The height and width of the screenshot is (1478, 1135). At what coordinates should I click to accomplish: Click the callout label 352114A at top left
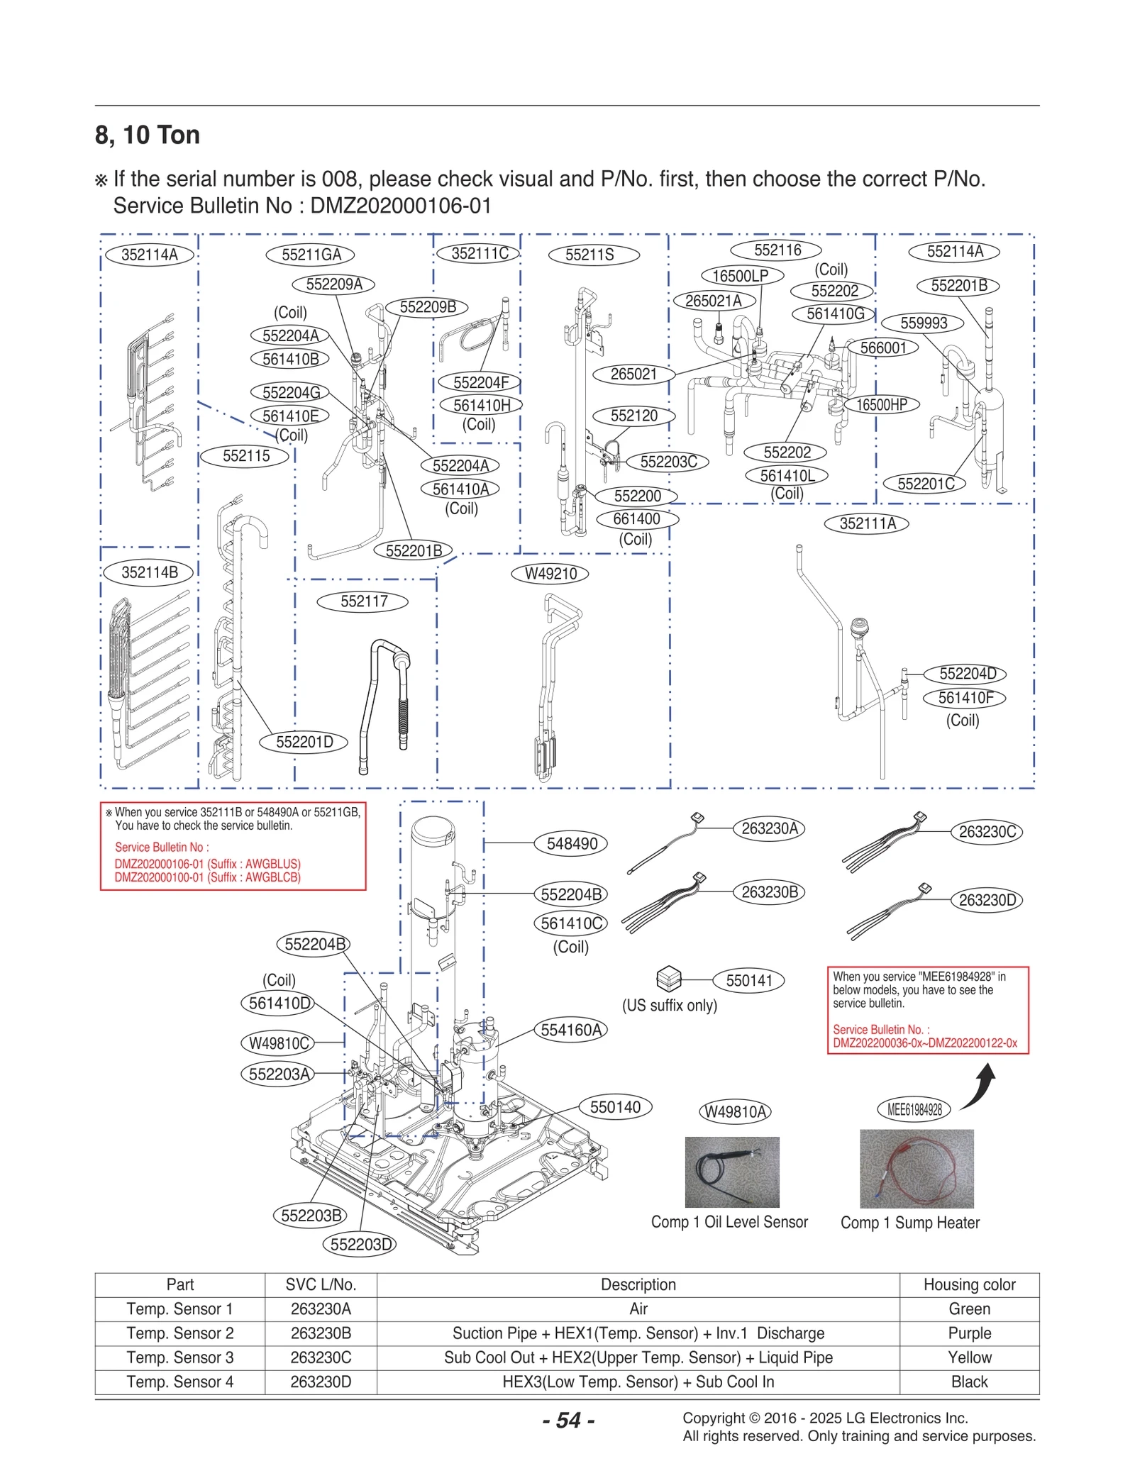[149, 255]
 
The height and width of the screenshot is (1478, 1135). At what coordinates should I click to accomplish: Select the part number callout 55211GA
[311, 255]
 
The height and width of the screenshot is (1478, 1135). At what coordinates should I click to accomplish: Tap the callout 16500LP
[741, 276]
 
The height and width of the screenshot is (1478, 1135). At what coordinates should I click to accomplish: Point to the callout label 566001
[882, 348]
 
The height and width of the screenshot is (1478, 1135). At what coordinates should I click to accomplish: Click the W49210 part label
[550, 574]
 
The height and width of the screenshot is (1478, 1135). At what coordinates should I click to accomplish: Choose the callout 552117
[363, 601]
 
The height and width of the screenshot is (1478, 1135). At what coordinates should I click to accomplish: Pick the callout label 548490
[572, 843]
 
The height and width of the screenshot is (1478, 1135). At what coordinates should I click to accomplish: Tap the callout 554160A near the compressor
[570, 1030]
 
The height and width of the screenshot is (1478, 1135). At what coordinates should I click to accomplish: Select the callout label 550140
[615, 1107]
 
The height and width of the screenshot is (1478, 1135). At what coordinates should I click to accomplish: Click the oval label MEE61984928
[914, 1110]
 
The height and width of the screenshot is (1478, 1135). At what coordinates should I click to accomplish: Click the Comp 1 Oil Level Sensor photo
[731, 1172]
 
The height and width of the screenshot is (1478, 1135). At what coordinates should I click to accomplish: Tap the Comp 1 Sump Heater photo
[916, 1169]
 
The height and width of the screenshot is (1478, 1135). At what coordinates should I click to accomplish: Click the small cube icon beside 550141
[668, 979]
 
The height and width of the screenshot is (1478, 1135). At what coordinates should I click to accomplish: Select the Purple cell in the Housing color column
[968, 1333]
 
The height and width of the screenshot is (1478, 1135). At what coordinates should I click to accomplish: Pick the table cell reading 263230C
[321, 1357]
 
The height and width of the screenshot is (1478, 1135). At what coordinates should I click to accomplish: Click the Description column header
[638, 1284]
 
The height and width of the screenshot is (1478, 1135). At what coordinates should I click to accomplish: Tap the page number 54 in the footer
[568, 1420]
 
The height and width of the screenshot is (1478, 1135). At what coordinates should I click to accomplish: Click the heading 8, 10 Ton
[148, 135]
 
